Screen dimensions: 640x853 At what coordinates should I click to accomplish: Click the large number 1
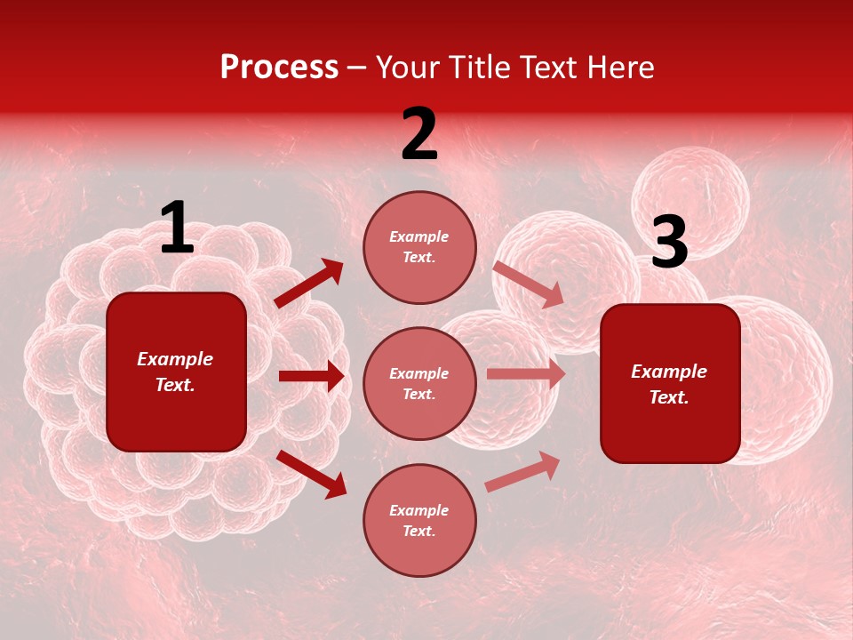[177, 228]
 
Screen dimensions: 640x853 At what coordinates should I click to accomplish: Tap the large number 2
[419, 134]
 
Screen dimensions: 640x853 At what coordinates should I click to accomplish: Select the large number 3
[669, 243]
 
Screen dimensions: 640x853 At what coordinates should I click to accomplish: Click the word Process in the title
[279, 67]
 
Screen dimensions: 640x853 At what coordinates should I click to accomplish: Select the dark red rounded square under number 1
[176, 372]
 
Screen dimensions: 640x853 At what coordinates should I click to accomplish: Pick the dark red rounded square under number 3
[670, 384]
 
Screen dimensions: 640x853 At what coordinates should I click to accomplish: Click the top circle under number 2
[419, 247]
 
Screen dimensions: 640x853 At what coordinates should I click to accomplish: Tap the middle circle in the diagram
[419, 384]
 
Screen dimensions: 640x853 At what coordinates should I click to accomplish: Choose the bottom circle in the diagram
[419, 521]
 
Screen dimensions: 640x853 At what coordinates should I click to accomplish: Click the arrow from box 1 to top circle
[309, 283]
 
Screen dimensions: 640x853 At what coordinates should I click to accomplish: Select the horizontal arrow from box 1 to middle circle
[311, 376]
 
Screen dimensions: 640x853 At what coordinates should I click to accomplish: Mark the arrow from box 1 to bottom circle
[312, 474]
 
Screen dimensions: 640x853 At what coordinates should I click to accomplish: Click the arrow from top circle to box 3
[529, 284]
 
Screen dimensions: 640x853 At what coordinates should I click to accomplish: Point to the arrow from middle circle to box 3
[526, 374]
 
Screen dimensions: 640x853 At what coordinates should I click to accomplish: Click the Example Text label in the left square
[175, 372]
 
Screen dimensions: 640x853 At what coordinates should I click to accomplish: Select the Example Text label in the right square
[669, 384]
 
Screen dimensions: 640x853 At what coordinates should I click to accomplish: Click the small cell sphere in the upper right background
[690, 202]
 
